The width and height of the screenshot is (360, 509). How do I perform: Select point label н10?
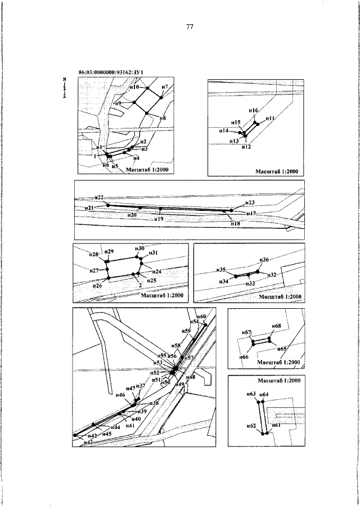(134, 87)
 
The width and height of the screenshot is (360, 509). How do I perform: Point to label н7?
(165, 86)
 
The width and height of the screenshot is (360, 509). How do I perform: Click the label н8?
(163, 118)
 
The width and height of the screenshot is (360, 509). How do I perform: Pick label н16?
(253, 111)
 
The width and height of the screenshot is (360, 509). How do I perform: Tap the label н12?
(246, 147)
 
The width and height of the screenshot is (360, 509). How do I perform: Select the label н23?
(250, 202)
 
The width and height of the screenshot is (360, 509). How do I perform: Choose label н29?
(109, 251)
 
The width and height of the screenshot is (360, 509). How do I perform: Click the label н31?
(153, 253)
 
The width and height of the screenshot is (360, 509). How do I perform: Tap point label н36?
(264, 260)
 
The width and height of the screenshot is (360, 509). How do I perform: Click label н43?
(87, 443)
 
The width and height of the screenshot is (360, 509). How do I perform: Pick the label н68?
(276, 326)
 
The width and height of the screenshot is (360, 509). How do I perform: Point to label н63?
(251, 394)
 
